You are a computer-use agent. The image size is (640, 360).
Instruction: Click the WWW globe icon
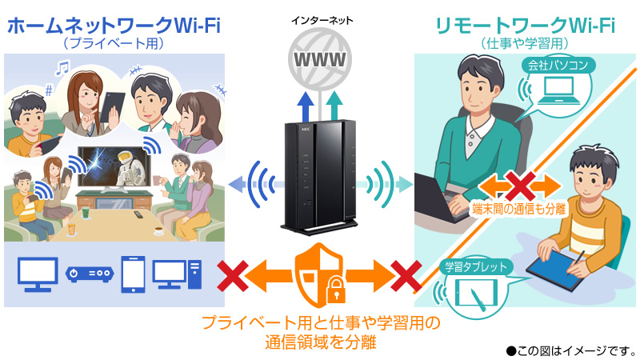(319, 59)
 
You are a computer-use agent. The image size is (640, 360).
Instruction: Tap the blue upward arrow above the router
(306, 106)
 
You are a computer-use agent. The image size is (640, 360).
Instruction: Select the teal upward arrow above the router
(334, 106)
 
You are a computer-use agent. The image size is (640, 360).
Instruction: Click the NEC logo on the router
(306, 130)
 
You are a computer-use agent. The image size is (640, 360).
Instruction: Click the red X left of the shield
(233, 276)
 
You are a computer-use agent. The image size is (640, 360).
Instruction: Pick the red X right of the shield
(406, 276)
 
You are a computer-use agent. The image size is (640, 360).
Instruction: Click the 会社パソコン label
(558, 66)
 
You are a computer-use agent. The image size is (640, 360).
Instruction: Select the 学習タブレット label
(476, 267)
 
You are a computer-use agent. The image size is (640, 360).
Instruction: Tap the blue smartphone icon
(133, 274)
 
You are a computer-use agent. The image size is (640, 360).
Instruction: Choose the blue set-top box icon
(90, 274)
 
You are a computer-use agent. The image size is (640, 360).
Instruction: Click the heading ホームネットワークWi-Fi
(114, 26)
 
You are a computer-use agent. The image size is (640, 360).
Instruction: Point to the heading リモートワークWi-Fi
(525, 26)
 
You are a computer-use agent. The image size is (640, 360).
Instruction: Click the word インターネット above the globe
(322, 21)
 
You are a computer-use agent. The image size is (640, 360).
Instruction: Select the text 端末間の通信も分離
(519, 209)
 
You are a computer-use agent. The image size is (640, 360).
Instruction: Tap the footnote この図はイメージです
(571, 350)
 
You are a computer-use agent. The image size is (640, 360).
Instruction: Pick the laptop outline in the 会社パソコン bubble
(558, 91)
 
